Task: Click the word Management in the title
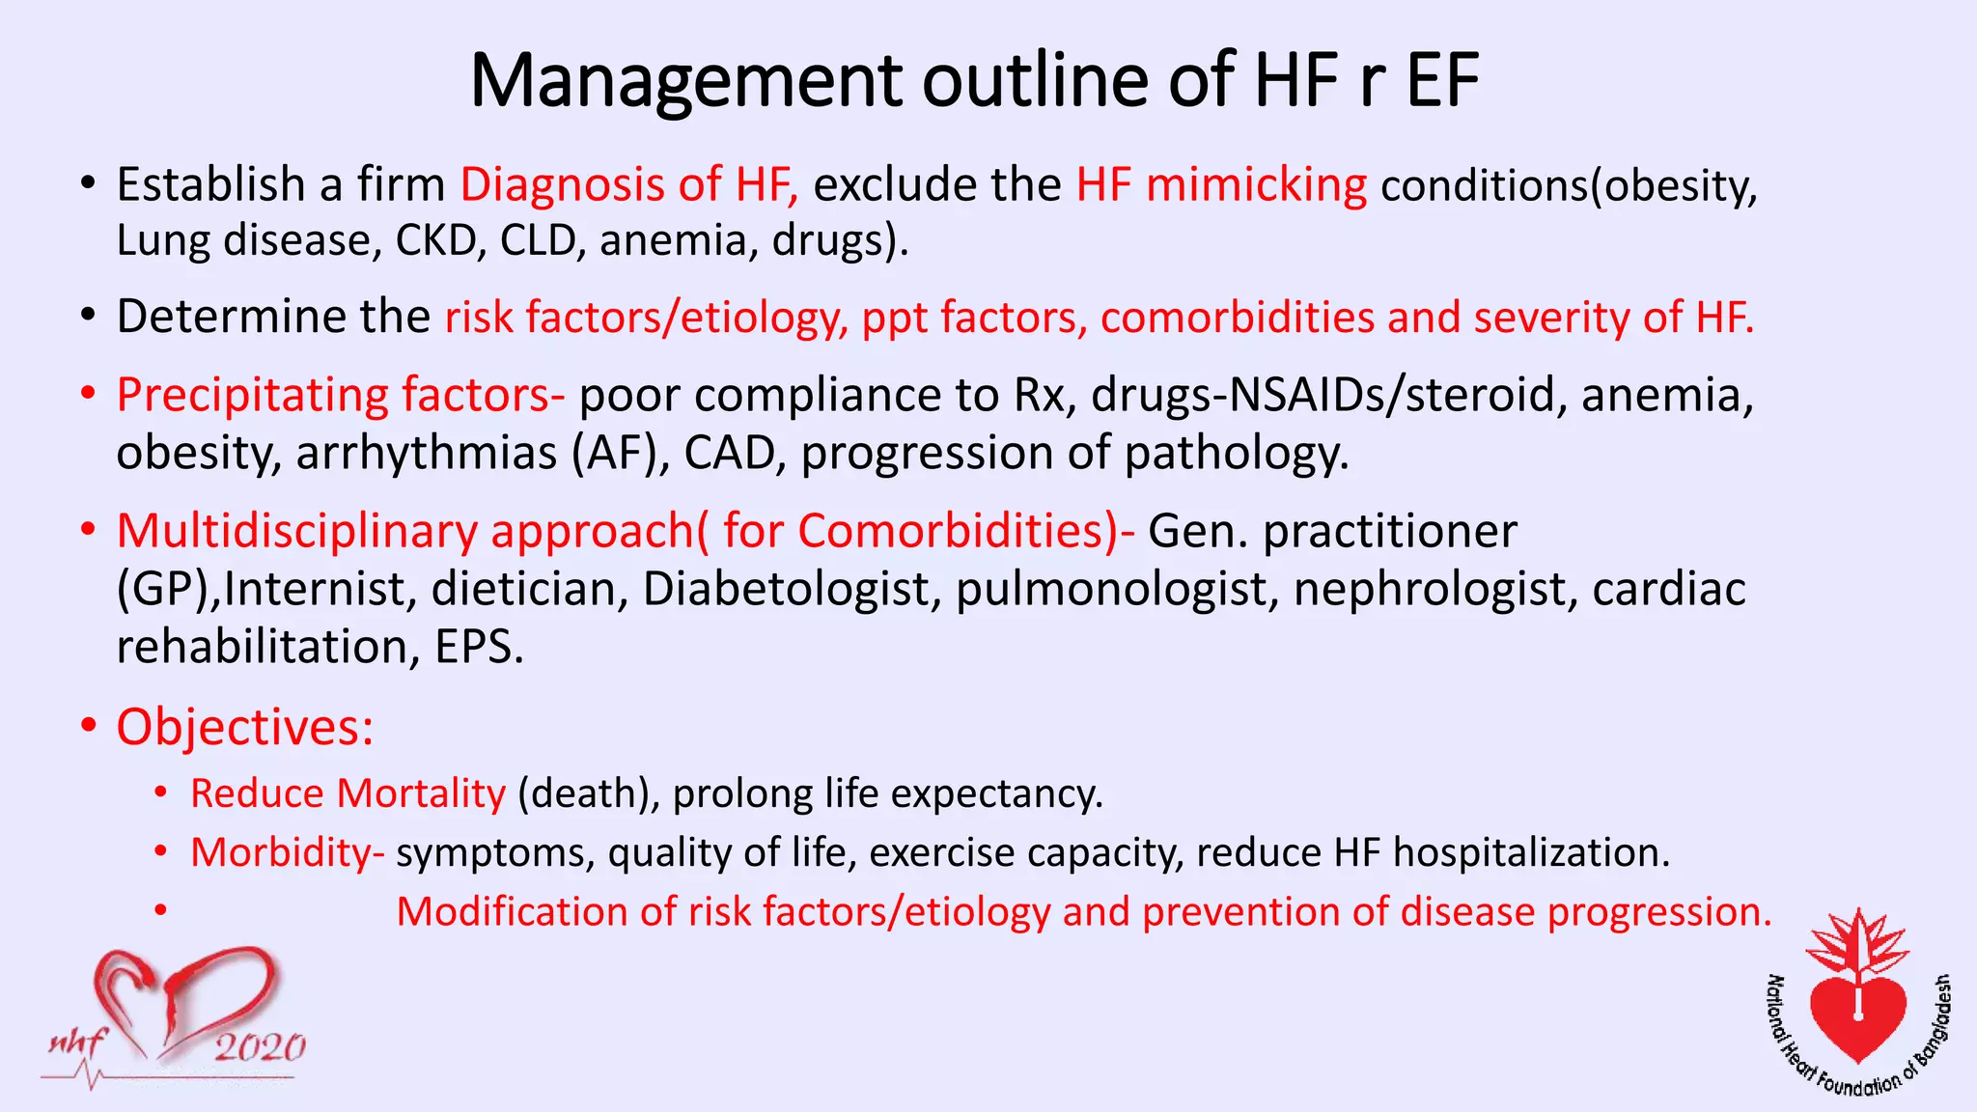pyautogui.click(x=684, y=80)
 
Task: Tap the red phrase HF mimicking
pyautogui.click(x=1221, y=184)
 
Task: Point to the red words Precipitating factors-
pyautogui.click(x=340, y=395)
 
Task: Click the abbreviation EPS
pyautogui.click(x=479, y=647)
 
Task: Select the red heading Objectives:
pyautogui.click(x=244, y=727)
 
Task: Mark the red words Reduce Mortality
pyautogui.click(x=348, y=793)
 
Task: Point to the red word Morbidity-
pyautogui.click(x=287, y=852)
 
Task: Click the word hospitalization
pyautogui.click(x=1531, y=852)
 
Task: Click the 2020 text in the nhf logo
pyautogui.click(x=259, y=1047)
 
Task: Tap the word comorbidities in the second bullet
pyautogui.click(x=1237, y=318)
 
